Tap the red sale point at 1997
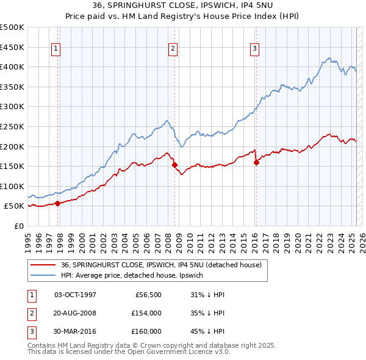tap(57, 204)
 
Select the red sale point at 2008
tap(174, 165)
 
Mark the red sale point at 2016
tap(256, 162)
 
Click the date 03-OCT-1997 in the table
tap(75, 295)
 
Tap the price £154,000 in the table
tap(146, 313)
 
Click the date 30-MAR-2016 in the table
tap(75, 331)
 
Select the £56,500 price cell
tap(148, 295)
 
